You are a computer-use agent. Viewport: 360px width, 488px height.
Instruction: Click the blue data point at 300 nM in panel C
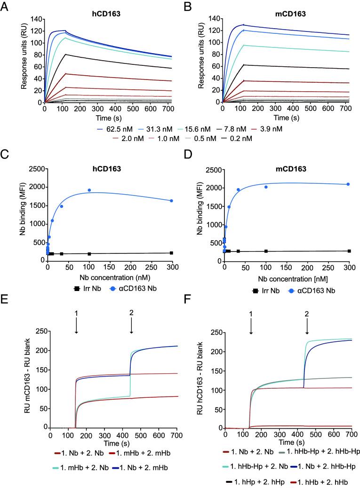tap(171, 201)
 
